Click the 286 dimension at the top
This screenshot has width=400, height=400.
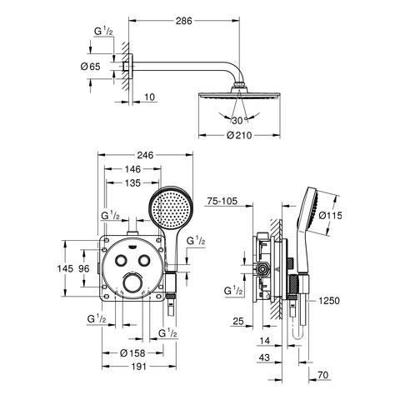click(183, 21)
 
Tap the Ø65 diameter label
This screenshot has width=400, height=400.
click(90, 67)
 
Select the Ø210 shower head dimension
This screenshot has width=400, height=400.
click(239, 135)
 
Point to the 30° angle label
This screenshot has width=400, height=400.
click(239, 121)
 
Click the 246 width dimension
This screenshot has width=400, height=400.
click(145, 155)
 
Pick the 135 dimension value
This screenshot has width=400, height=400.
click(133, 183)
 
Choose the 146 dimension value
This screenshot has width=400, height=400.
click(132, 169)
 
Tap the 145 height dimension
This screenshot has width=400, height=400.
click(65, 268)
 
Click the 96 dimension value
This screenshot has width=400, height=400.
click(84, 268)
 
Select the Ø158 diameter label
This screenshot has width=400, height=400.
click(132, 353)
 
